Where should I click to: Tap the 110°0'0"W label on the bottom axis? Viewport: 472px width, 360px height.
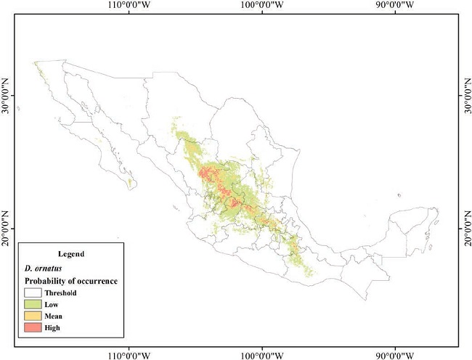[x=129, y=354]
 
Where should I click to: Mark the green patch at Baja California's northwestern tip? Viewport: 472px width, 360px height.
[x=36, y=66]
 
